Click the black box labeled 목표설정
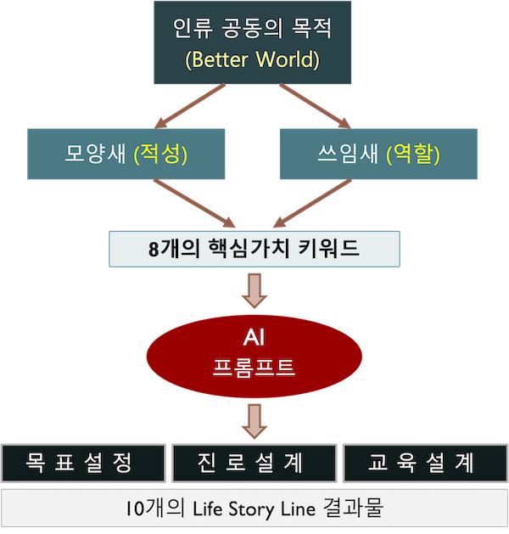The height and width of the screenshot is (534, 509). click(83, 462)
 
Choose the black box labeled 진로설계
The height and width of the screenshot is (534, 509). click(253, 462)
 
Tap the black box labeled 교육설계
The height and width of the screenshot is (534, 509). click(422, 462)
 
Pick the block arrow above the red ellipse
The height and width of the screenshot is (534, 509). click(254, 291)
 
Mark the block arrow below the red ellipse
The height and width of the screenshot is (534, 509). click(254, 419)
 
